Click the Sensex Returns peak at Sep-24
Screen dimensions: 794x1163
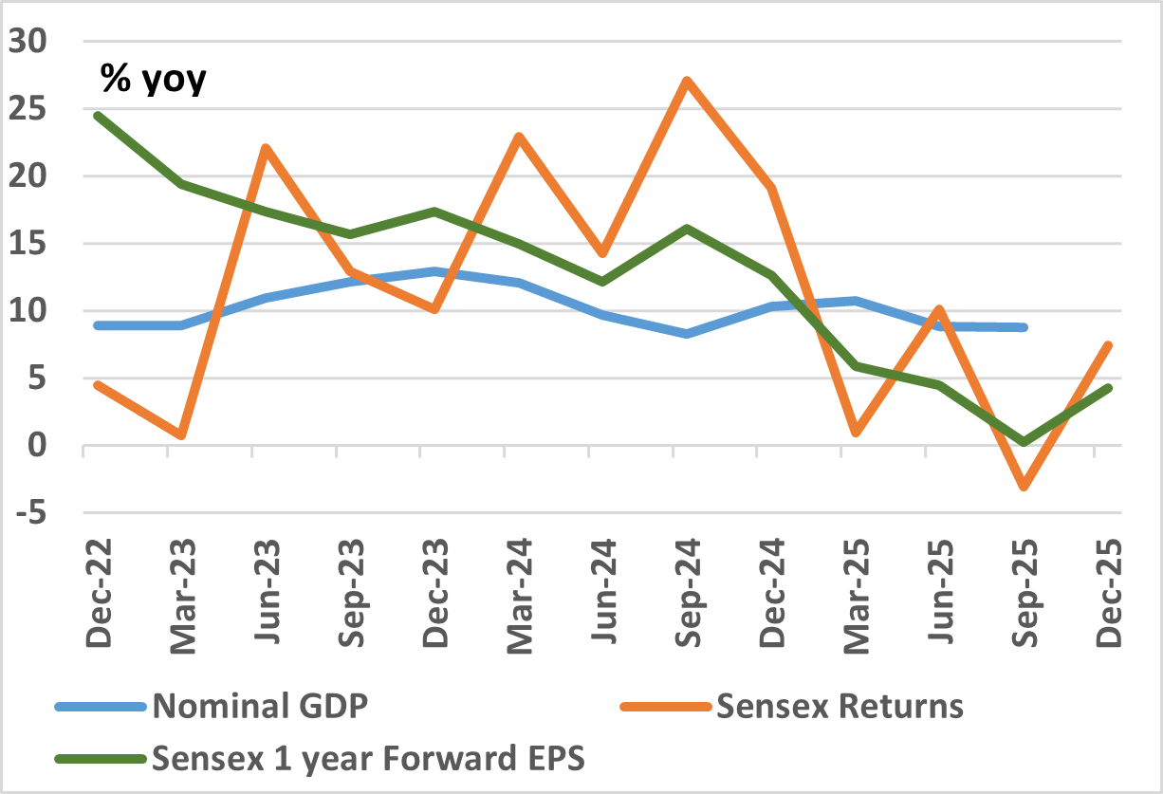tap(686, 81)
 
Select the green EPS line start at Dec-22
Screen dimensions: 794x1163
tap(97, 116)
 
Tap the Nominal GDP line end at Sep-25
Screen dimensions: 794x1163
tap(1024, 327)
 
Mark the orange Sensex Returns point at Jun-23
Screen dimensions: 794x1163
tap(266, 148)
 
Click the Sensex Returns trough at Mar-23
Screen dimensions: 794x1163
tap(180, 435)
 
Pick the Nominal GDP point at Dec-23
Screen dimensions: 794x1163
tap(434, 271)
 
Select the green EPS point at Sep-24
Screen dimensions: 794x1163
tap(686, 229)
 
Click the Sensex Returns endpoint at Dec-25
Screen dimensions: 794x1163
tap(1107, 345)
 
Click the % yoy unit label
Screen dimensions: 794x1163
tap(153, 80)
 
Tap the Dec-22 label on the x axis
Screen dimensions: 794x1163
tap(98, 593)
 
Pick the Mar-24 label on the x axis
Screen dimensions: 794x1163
tap(519, 593)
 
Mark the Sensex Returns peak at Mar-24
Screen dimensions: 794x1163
tap(519, 136)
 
